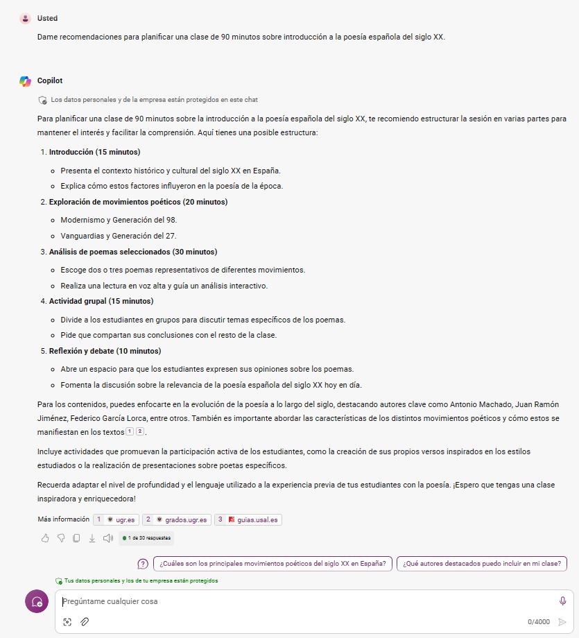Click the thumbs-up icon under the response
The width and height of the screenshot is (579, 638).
[x=45, y=537]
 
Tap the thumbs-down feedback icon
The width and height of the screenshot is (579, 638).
[x=61, y=537]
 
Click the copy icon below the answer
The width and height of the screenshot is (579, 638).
[x=76, y=537]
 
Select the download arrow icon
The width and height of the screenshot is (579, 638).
[x=92, y=537]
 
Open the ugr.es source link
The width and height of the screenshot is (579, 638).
[x=116, y=519]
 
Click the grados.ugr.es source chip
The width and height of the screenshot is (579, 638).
[x=176, y=519]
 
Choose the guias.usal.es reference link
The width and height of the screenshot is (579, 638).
[x=248, y=519]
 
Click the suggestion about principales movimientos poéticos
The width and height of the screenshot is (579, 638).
[x=273, y=564]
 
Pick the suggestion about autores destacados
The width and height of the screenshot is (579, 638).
[x=482, y=564]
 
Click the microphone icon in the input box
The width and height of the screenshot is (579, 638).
[x=562, y=601]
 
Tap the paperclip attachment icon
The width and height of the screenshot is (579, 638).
[x=84, y=622]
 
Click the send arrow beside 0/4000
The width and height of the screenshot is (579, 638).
[x=562, y=622]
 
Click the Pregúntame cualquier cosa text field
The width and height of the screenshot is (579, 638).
[x=305, y=602]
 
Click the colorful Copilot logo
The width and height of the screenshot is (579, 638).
[x=26, y=81]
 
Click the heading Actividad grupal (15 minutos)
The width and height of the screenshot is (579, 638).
[x=101, y=302]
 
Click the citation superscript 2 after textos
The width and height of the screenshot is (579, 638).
[x=139, y=431]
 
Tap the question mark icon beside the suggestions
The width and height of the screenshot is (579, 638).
[x=143, y=564]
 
